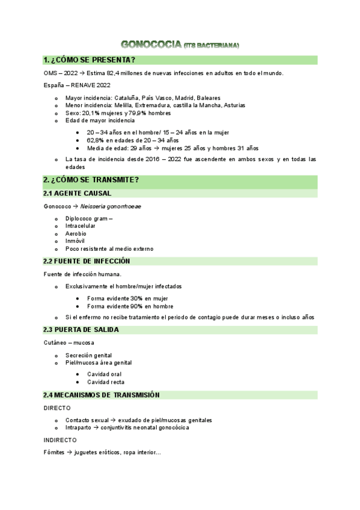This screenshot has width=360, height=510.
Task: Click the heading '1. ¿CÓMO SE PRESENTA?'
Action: pos(89,60)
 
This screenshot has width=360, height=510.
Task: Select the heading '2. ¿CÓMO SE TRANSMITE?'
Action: pos(91,180)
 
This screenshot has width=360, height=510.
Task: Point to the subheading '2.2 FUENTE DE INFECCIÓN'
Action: pos(87,261)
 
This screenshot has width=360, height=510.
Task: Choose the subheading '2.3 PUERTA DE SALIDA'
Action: pos(81,330)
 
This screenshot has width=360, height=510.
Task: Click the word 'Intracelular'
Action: pos(81,226)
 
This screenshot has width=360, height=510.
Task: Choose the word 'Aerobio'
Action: pos(76,233)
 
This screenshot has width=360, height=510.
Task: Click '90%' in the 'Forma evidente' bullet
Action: pos(136,306)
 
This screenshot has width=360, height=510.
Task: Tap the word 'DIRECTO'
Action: pos(57,408)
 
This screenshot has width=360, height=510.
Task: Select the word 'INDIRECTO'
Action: pos(60,440)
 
